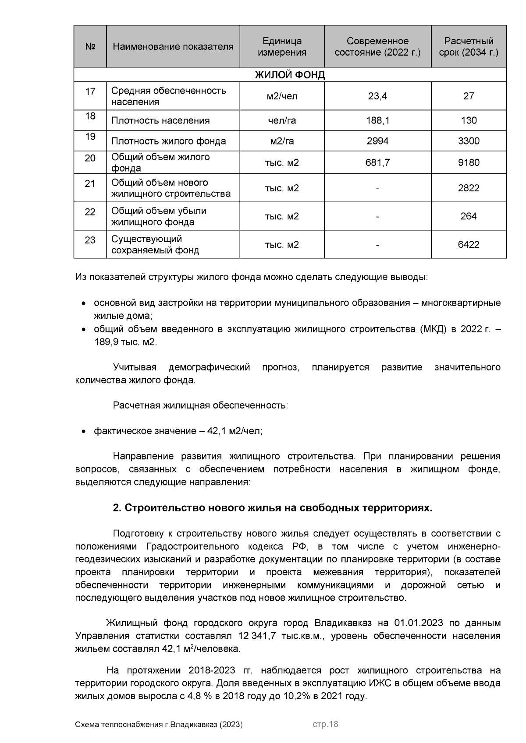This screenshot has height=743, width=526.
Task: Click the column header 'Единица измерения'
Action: [x=282, y=47]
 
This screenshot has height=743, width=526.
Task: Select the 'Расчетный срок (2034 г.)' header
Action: [x=469, y=47]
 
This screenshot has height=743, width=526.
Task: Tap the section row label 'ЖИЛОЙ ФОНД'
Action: [x=290, y=75]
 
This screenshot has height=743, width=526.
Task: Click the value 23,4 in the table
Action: [x=377, y=96]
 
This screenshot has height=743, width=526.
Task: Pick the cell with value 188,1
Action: [x=377, y=120]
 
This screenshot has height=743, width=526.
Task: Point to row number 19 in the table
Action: [x=90, y=137]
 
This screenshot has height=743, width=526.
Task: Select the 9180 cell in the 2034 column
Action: [x=469, y=162]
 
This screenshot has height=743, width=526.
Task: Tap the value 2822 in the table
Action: [x=469, y=188]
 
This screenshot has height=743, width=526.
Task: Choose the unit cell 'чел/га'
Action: [x=282, y=120]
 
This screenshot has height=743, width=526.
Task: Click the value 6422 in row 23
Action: [x=469, y=244]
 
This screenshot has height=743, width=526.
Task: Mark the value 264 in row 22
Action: [x=469, y=216]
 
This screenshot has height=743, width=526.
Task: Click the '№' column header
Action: [x=90, y=47]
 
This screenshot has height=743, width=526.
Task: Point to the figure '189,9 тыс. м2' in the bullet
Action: [x=125, y=342]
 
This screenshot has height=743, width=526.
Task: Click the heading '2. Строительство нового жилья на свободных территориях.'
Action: [x=272, y=508]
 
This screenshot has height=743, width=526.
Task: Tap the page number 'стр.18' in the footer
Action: [x=325, y=725]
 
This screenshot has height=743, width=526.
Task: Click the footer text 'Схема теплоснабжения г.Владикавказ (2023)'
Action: [x=159, y=725]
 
